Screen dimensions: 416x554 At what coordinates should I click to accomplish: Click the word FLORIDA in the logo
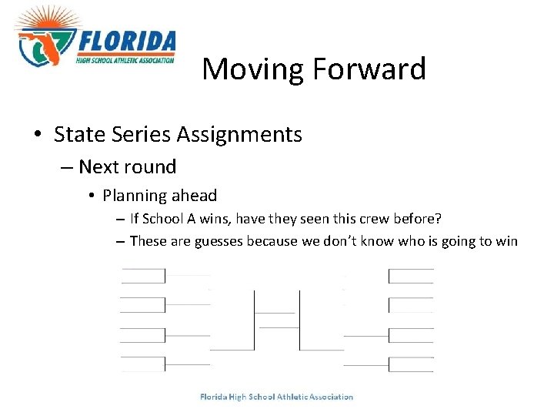pyautogui.click(x=127, y=42)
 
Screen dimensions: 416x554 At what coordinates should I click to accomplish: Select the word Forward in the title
pyautogui.click(x=369, y=69)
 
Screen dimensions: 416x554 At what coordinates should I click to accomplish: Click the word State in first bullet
pyautogui.click(x=78, y=135)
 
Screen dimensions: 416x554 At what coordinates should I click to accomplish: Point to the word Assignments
pyautogui.click(x=239, y=135)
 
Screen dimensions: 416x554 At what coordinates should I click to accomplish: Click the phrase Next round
pyautogui.click(x=128, y=166)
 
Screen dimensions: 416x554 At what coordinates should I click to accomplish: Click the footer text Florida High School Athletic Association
pyautogui.click(x=276, y=398)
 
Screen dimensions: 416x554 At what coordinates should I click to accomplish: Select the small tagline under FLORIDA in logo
pyautogui.click(x=125, y=59)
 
